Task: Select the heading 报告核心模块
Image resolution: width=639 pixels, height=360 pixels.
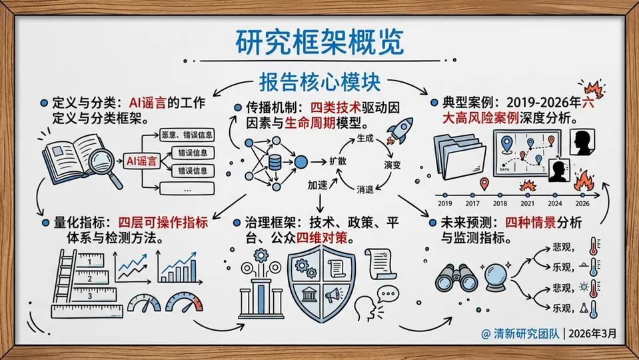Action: point(319,82)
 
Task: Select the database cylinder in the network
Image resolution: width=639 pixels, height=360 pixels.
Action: point(274,161)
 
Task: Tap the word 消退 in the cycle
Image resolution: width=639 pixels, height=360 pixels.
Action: point(364,188)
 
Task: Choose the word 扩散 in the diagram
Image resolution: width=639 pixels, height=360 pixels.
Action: point(338,161)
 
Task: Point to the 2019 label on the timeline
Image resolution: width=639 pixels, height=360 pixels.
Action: point(444,203)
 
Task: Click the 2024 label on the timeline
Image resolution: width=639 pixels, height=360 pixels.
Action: point(554,203)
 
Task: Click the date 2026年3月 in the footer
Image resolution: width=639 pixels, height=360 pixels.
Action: point(594,332)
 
